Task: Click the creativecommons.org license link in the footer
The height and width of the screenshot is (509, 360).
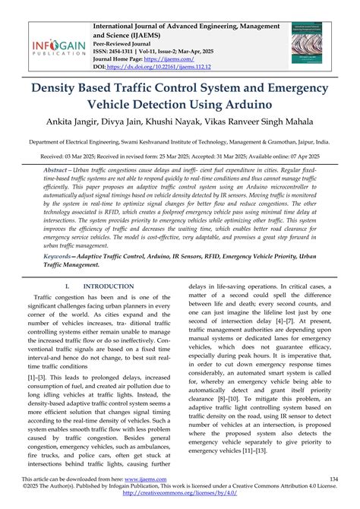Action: tap(180, 497)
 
